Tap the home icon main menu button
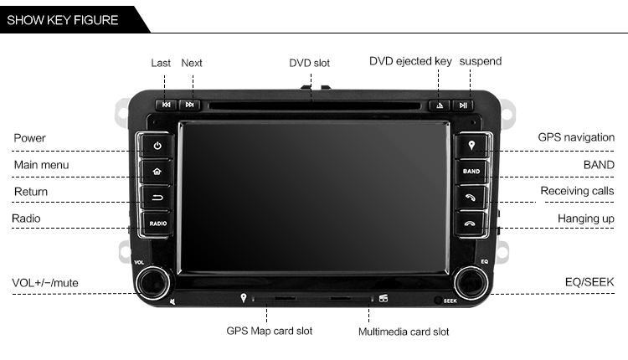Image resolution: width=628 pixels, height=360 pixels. click(157, 172)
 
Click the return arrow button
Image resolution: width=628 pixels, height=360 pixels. click(157, 198)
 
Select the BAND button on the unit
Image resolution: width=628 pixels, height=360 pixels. click(471, 172)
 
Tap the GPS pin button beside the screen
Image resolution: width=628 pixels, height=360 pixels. click(471, 146)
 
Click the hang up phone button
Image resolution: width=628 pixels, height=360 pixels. click(471, 224)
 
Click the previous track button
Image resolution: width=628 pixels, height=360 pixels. click(167, 105)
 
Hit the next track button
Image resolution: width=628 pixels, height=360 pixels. click(189, 105)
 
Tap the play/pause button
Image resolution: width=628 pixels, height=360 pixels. click(463, 105)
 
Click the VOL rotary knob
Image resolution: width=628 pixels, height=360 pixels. click(152, 283)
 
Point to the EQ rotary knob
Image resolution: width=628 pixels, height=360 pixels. click(471, 283)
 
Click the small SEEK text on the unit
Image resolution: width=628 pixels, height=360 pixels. click(450, 301)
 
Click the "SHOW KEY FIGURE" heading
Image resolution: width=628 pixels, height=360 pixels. click(63, 20)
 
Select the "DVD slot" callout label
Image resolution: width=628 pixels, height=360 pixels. click(309, 63)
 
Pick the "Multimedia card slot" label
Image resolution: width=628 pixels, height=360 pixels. click(404, 332)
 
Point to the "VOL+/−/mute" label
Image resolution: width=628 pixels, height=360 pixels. click(45, 283)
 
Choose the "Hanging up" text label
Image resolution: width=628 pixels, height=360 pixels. click(585, 219)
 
